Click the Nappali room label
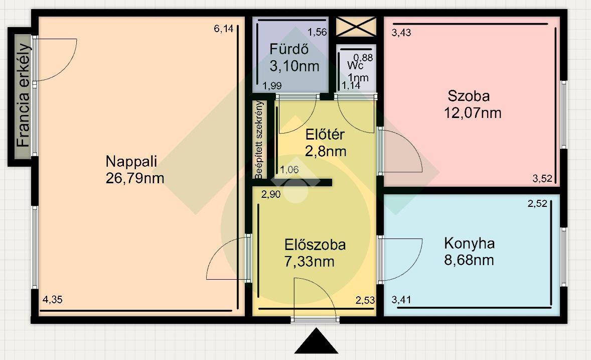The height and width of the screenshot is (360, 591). coord(131,162)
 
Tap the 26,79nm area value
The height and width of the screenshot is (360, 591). coord(135,178)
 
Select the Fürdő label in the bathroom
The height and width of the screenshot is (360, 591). coord(289,49)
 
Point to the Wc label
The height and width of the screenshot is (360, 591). coord(355,66)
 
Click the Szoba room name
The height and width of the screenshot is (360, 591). coord(469,96)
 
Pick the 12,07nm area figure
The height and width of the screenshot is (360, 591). coord(473,113)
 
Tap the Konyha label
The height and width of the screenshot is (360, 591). coord(469,244)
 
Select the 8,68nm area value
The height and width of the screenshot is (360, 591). coord(469,261)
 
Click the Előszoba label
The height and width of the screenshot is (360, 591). coord(315,245)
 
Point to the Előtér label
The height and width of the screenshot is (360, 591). coord(325,135)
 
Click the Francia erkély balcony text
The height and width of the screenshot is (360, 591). coord(24,95)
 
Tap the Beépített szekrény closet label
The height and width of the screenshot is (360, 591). coord(259,140)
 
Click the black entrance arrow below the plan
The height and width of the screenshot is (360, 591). coord(316,341)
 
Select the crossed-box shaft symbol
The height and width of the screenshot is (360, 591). coord(356,27)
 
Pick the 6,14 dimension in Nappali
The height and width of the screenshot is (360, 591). coord(224,29)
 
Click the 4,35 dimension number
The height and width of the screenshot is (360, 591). coord(52,300)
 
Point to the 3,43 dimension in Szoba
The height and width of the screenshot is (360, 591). coord(401,33)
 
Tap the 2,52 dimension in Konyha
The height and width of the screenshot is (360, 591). coord(537,204)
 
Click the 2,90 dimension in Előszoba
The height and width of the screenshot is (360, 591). coord(271,194)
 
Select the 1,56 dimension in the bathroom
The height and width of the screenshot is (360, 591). coord(317,33)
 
